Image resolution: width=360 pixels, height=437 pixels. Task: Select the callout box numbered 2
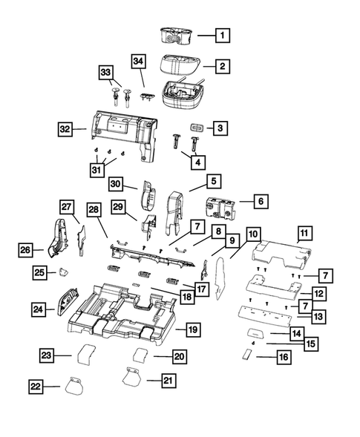click(x=222, y=67)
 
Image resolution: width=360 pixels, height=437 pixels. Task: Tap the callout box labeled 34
click(x=139, y=61)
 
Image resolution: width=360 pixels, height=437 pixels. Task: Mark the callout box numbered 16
click(x=284, y=357)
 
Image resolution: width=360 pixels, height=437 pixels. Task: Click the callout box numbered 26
click(x=26, y=251)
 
